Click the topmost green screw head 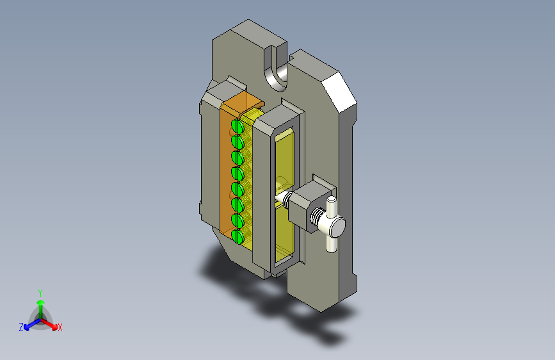[237, 126]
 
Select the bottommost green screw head [237, 236]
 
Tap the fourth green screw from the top [237, 174]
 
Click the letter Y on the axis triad [40, 293]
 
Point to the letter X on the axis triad [60, 327]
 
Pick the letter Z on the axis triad [21, 327]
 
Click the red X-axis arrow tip [54, 327]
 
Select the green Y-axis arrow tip [41, 302]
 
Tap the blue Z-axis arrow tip [26, 327]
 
